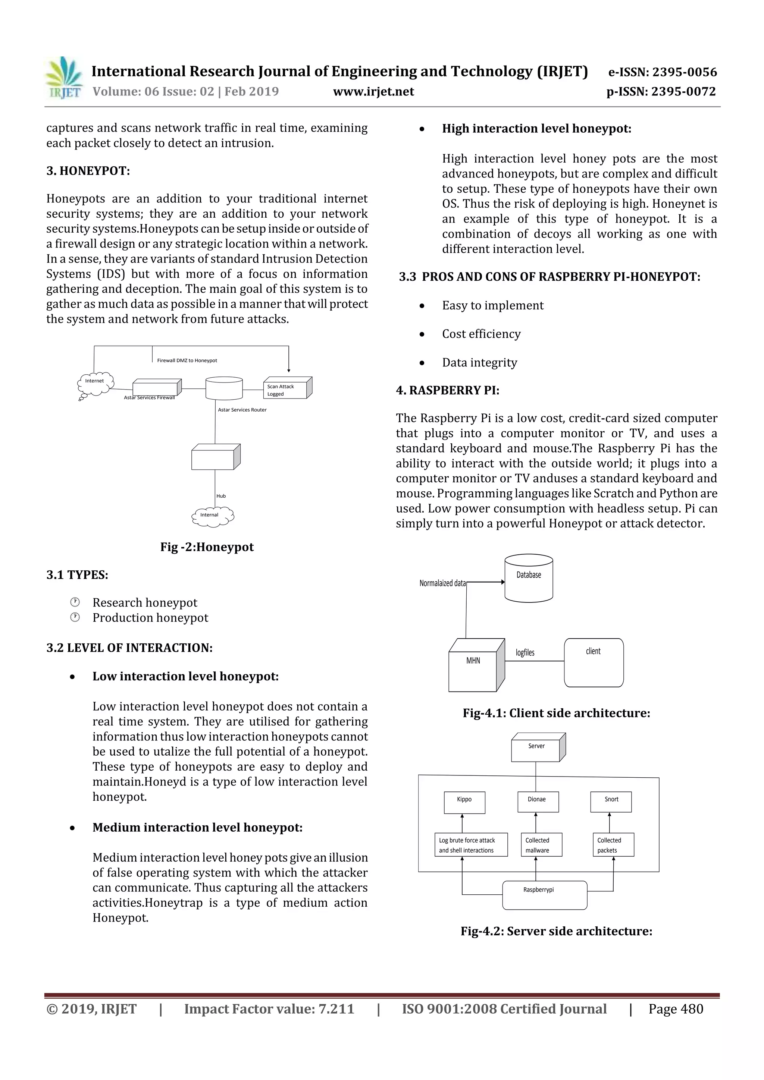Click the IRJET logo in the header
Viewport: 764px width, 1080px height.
click(65, 78)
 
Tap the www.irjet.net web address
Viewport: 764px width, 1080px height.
click(373, 92)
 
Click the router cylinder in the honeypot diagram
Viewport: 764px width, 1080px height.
click(224, 388)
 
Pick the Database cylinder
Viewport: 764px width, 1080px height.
click(529, 578)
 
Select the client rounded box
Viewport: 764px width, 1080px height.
click(594, 662)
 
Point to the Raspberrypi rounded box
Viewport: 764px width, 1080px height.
click(545, 895)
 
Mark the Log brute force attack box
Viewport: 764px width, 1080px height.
click(470, 845)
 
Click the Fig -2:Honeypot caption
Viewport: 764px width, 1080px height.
click(207, 547)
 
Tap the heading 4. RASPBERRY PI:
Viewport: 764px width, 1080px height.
click(448, 390)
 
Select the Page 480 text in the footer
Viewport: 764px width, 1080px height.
click(676, 1009)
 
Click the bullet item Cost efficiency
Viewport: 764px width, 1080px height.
click(481, 334)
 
